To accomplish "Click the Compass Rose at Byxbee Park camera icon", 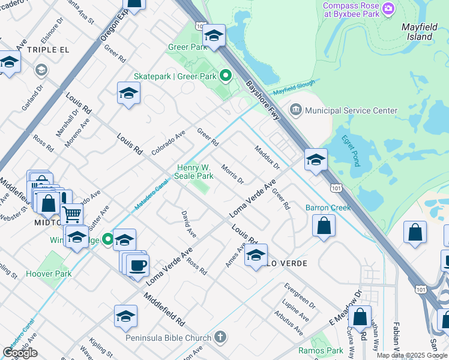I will pos(388,8).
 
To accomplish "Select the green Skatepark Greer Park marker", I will pos(226,76).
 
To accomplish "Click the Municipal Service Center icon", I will pos(295,110).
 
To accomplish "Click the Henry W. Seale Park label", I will pos(194,172).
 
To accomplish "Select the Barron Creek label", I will pos(328,208).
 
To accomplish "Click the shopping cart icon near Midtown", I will pos(71,213).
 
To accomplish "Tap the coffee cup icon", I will pos(137,265).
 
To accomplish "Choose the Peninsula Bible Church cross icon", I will pos(220,338).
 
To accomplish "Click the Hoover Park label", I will pos(49,274).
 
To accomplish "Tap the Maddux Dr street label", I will pos(267,157).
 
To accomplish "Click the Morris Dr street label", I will pos(232,174).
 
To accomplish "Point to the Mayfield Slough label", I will pos(294,89).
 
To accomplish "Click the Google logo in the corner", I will pos(20,352).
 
